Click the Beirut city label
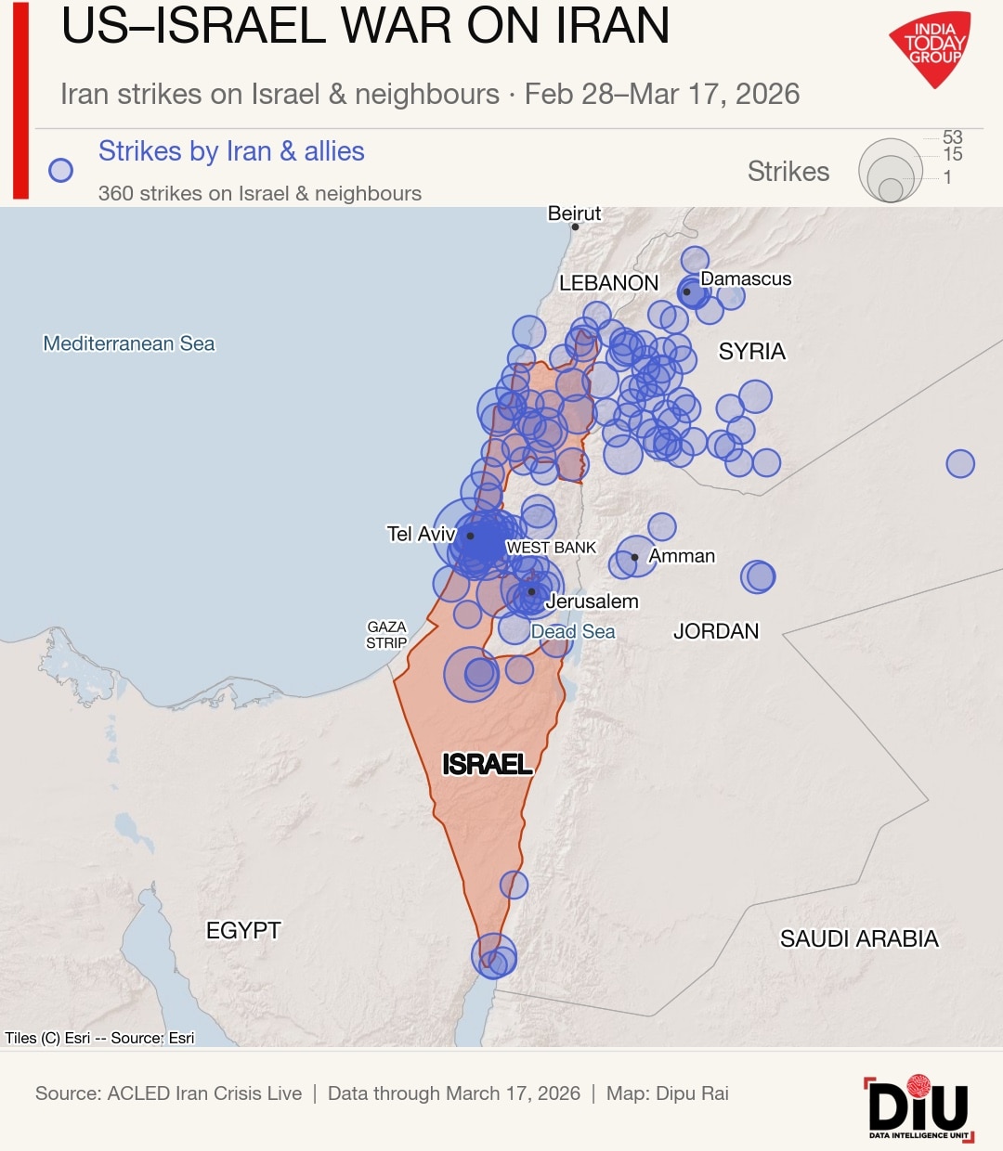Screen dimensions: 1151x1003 click(574, 213)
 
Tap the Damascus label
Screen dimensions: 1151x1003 click(746, 278)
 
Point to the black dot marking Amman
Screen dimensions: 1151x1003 click(634, 558)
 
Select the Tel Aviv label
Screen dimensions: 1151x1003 click(421, 534)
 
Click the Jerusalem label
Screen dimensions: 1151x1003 click(592, 601)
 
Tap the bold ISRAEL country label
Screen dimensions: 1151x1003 click(487, 764)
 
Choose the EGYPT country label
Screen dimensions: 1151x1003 click(243, 930)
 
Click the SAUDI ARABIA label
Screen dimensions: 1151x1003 click(859, 938)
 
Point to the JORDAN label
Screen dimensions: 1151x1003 click(716, 631)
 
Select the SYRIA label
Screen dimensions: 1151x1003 click(752, 351)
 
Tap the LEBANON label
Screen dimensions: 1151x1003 click(608, 283)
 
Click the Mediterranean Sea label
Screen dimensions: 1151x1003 click(129, 343)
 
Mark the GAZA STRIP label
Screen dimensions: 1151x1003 click(386, 635)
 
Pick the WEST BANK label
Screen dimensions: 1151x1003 click(551, 548)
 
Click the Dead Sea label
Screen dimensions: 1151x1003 click(573, 632)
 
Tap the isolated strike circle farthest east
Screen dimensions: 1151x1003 click(960, 463)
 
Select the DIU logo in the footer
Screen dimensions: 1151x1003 click(918, 1107)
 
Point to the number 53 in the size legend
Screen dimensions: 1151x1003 click(953, 137)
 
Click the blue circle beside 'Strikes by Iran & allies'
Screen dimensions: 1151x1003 click(61, 171)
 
